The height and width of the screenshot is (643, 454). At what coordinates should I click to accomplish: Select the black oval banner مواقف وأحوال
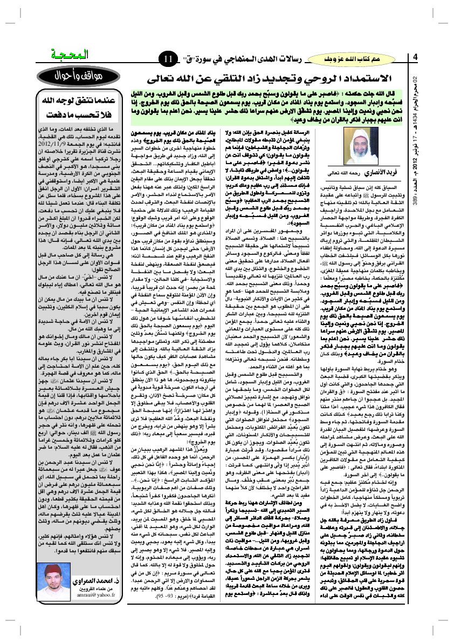coord(72,76)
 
